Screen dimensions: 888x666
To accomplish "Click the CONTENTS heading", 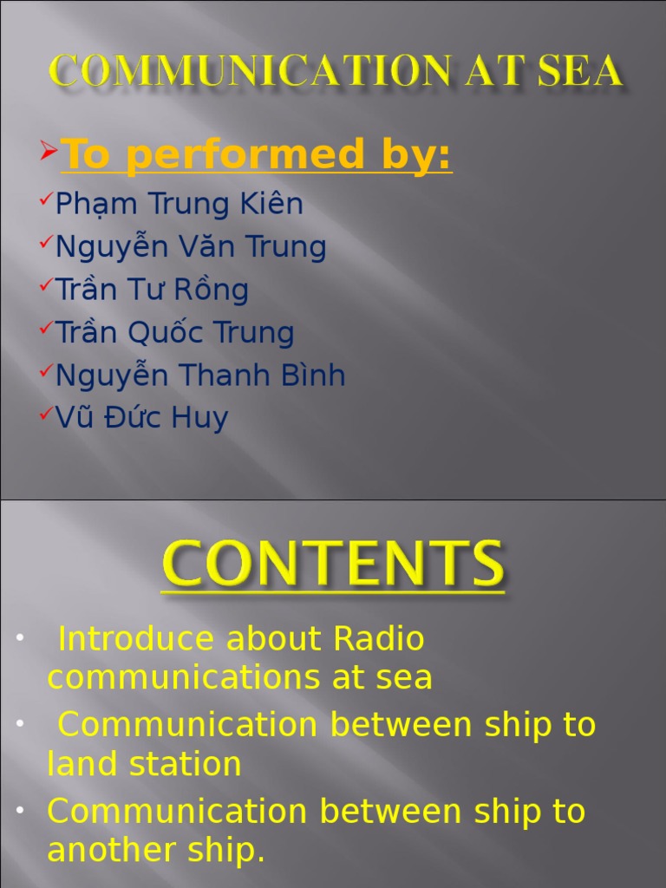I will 332,564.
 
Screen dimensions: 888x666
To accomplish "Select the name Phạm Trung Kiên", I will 179,205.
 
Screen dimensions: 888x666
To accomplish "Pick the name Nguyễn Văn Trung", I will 191,248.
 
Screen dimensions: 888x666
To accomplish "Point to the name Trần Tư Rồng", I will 152,290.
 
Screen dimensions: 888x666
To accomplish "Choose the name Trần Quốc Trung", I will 174,332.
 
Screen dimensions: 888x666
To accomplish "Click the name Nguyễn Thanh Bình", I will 200,375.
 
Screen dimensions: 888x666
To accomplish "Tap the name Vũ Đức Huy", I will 141,418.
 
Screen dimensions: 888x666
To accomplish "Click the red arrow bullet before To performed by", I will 49,153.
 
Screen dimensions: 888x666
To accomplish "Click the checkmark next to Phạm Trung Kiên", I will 47,200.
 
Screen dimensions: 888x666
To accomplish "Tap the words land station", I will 144,765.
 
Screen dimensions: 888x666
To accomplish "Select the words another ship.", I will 156,851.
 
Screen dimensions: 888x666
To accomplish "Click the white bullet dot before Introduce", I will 19,640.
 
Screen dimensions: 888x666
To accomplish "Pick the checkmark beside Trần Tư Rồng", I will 47,285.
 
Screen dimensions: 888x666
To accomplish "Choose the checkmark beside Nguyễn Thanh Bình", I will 47,371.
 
